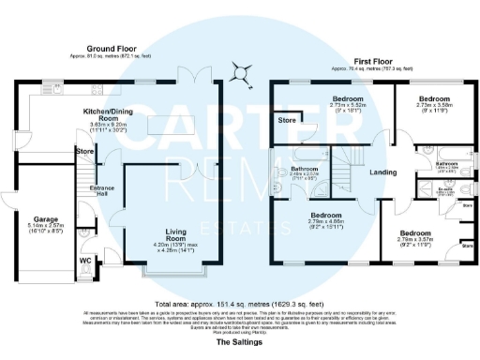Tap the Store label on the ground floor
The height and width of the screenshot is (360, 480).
[x=85, y=150]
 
